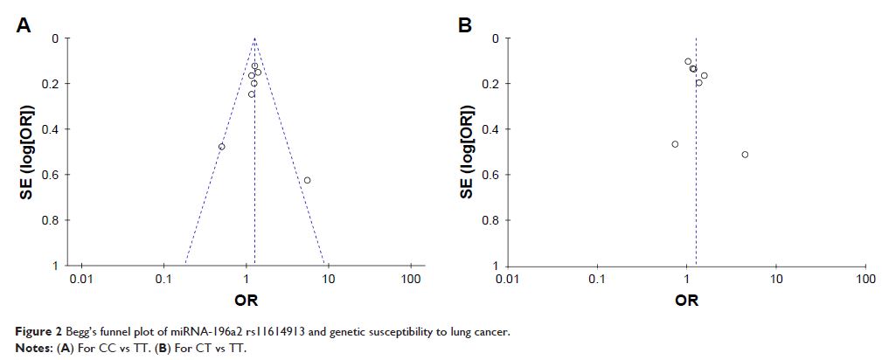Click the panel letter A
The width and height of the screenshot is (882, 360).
(x=24, y=26)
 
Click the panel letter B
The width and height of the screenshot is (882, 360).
(x=465, y=26)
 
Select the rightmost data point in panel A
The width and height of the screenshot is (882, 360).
(x=307, y=180)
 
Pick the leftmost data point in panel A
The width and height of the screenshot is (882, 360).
(x=221, y=147)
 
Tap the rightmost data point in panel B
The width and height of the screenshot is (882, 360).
(x=745, y=155)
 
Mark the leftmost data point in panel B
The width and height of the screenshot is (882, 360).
(x=675, y=144)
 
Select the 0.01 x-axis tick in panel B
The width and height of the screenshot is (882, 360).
(x=506, y=280)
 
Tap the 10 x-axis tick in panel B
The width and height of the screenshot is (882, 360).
(x=776, y=280)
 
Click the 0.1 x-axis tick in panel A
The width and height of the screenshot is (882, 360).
(x=163, y=280)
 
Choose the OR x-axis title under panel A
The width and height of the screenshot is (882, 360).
(x=246, y=301)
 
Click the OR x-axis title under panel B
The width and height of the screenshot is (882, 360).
(x=687, y=301)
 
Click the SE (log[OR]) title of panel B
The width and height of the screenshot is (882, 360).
(x=466, y=152)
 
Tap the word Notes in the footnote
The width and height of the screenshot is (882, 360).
(x=35, y=347)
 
